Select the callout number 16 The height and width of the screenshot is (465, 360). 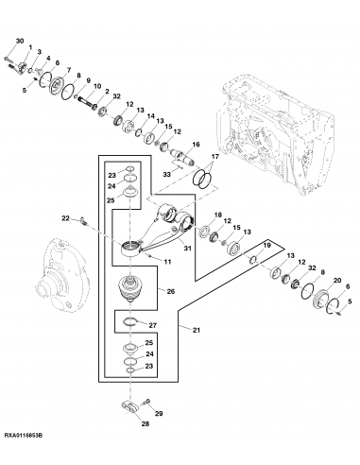pyautogui.click(x=197, y=144)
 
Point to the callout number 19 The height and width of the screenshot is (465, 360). pyautogui.click(x=267, y=245)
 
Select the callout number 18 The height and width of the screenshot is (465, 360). pyautogui.click(x=217, y=215)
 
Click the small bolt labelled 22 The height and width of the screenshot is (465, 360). pyautogui.click(x=82, y=223)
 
